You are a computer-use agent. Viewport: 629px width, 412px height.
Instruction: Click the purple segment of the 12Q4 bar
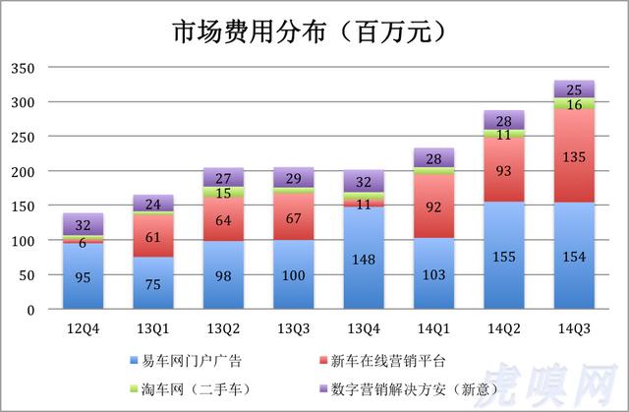pyautogui.click(x=83, y=224)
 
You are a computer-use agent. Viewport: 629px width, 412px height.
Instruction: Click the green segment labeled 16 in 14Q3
pyautogui.click(x=574, y=104)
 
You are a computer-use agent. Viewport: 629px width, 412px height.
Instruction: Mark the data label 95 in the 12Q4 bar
pyautogui.click(x=83, y=277)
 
